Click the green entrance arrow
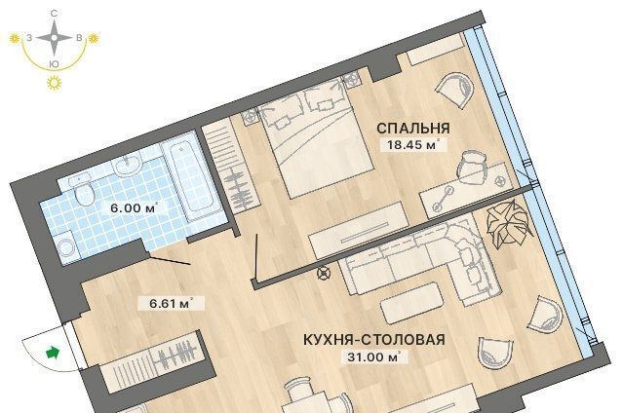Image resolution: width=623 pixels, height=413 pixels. coord(53,353)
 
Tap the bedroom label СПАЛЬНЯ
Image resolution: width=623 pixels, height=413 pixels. coord(413,129)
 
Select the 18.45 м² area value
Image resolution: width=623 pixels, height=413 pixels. coord(413,144)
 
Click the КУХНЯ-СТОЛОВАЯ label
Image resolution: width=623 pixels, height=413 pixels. coord(374,340)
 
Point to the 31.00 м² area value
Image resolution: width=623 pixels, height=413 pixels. coord(373,357)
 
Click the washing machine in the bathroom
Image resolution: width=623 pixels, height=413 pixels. coord(66,248)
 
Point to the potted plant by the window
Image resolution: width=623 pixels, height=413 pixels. coord(509,224)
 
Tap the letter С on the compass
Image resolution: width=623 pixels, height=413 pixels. coord(54,14)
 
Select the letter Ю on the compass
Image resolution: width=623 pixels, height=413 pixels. coord(55,63)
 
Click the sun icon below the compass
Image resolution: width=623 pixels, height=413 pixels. coord(55,83)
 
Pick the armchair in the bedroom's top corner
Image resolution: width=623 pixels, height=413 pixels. coord(455,90)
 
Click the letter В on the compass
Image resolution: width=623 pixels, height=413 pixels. coord(79,38)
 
